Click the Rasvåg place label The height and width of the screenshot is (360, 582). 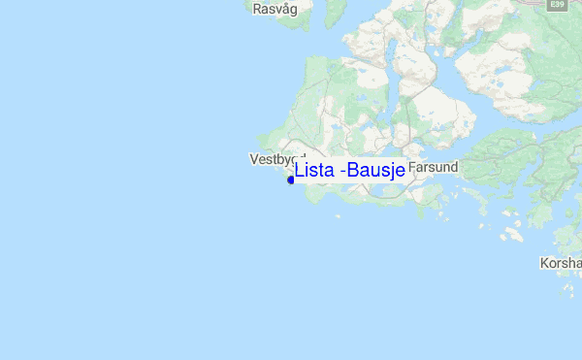tap(273, 10)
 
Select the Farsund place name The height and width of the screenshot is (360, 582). tap(433, 167)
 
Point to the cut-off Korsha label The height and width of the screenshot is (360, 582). tap(561, 263)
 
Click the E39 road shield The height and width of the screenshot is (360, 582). tap(556, 5)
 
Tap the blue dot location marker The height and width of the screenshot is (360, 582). tap(291, 180)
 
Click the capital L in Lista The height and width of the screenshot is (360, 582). tap(300, 171)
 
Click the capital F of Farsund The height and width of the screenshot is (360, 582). tap(412, 167)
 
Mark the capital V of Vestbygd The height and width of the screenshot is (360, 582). tap(254, 158)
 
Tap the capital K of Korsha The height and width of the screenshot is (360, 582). tap(545, 263)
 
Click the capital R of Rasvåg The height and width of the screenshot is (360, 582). tap(257, 10)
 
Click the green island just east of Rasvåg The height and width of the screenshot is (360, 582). tap(321, 12)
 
